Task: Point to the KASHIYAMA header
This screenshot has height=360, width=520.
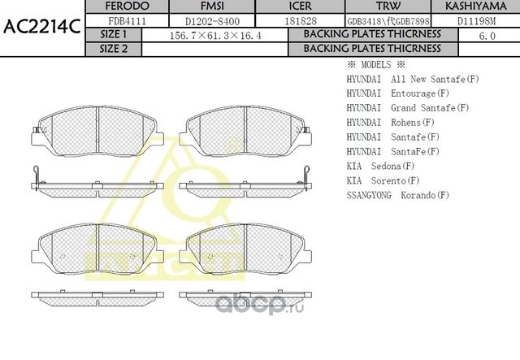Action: (478, 7)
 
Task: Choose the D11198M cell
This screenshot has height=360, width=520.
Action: (478, 20)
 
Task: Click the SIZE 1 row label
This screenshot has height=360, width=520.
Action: (113, 35)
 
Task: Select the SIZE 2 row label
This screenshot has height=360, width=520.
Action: (113, 48)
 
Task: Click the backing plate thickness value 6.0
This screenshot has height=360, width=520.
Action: (487, 36)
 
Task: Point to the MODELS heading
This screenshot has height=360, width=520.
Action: (375, 64)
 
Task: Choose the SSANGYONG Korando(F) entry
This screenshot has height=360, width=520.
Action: (397, 196)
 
